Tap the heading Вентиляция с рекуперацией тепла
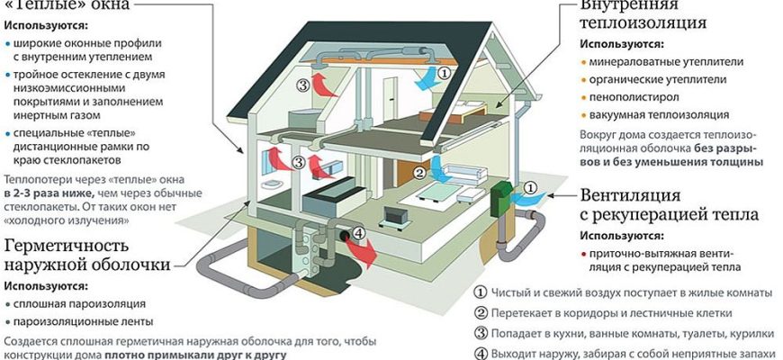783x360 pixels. coord(667,205)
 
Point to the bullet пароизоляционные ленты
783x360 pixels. coord(82,321)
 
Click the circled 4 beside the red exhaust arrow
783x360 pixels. coord(357,235)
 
